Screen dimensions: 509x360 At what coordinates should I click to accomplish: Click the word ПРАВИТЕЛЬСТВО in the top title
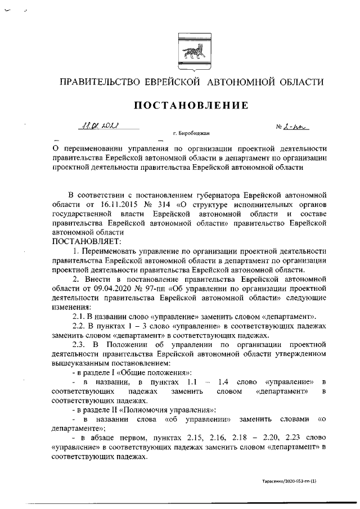point(100,82)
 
